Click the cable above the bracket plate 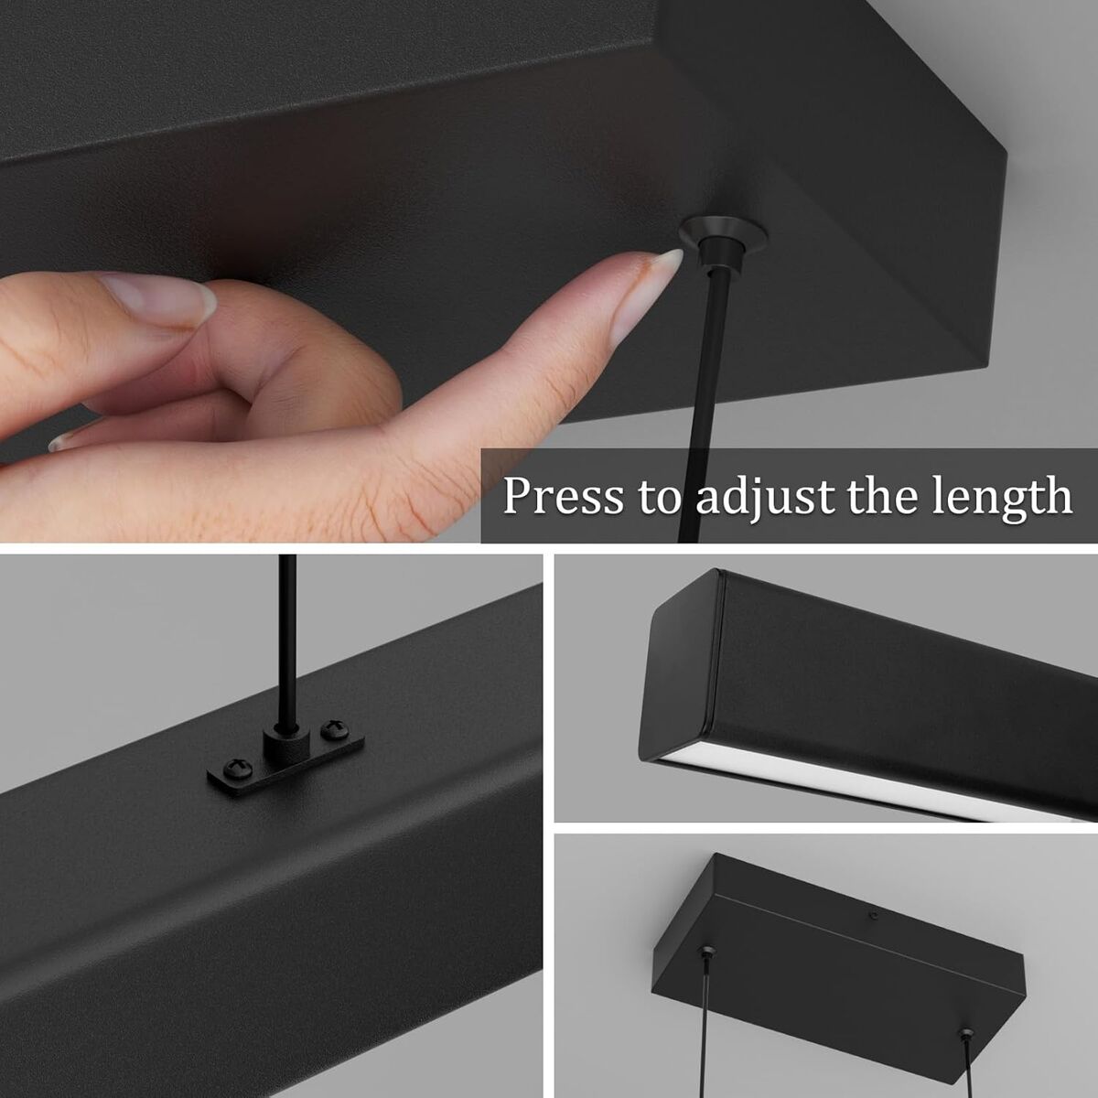287,644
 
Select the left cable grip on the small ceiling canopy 707,951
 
